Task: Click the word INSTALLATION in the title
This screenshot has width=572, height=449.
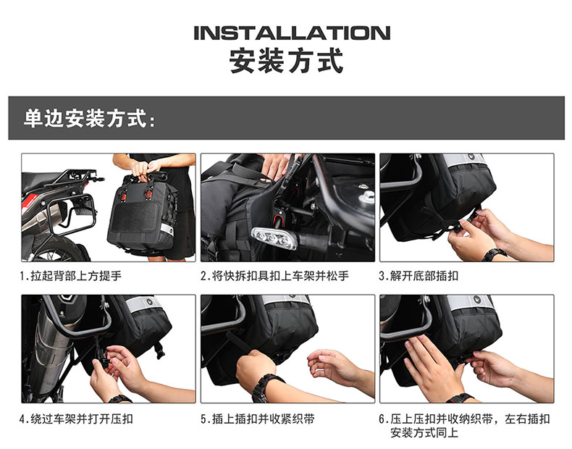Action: pyautogui.click(x=292, y=33)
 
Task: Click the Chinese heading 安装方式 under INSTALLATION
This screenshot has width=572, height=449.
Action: pyautogui.click(x=287, y=61)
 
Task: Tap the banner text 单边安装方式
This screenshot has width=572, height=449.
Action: pyautogui.click(x=85, y=119)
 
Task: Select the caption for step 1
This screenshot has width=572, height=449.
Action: pyautogui.click(x=70, y=276)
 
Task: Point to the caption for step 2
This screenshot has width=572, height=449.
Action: pyautogui.click(x=274, y=276)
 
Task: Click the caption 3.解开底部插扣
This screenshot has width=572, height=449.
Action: pyautogui.click(x=419, y=276)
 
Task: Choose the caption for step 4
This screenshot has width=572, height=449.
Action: pyautogui.click(x=76, y=419)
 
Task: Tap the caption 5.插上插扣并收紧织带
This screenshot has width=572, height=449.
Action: pyautogui.click(x=257, y=419)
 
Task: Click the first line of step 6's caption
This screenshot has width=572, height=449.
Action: pyautogui.click(x=464, y=419)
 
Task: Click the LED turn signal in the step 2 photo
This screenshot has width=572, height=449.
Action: pyautogui.click(x=274, y=238)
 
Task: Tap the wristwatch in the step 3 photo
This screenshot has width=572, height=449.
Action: pyautogui.click(x=495, y=254)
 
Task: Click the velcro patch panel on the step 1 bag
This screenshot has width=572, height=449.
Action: pyautogui.click(x=135, y=217)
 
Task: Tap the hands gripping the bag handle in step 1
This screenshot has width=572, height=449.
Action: pyautogui.click(x=146, y=169)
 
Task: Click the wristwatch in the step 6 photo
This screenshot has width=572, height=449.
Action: pyautogui.click(x=460, y=398)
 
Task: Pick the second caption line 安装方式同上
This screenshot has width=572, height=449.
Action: pyautogui.click(x=424, y=433)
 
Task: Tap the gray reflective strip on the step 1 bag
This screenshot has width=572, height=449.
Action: pyautogui.click(x=167, y=229)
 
